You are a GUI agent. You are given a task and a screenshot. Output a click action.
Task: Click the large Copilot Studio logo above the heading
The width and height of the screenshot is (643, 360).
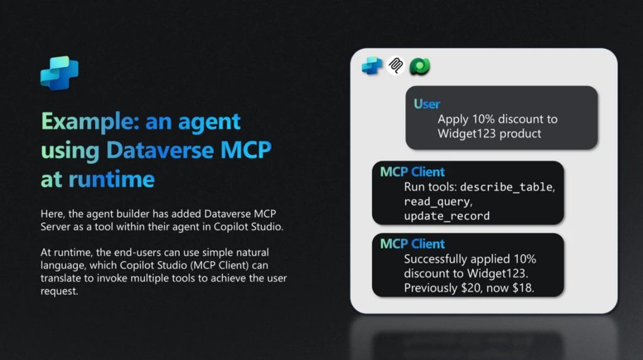(x=60, y=74)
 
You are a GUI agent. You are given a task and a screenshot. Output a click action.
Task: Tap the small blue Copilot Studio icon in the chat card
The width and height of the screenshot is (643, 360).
(x=372, y=65)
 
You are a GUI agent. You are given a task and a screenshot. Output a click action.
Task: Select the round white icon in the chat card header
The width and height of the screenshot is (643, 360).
(x=396, y=65)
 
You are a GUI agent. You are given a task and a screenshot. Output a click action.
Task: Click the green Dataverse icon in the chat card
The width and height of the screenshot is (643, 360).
(x=419, y=65)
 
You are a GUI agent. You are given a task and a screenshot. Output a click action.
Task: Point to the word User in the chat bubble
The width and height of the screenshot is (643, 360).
(x=427, y=104)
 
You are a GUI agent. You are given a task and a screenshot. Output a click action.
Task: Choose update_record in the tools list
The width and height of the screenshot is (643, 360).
(x=446, y=216)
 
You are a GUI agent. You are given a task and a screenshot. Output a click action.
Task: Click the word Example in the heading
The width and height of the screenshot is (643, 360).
(x=88, y=121)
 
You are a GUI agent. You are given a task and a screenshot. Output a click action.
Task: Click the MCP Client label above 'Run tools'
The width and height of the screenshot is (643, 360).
(x=413, y=172)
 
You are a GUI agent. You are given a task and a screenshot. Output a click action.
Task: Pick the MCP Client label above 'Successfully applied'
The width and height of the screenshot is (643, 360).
(x=413, y=244)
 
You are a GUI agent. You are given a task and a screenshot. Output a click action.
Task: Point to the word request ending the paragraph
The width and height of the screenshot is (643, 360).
(x=60, y=292)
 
